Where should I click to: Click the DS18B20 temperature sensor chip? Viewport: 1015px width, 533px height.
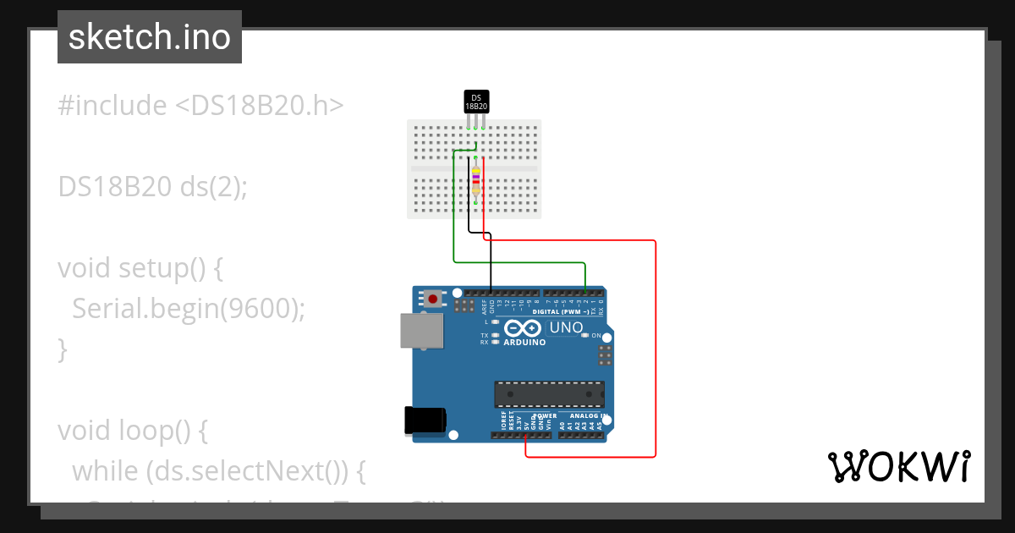pyautogui.click(x=476, y=102)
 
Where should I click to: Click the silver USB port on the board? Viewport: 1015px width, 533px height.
pyautogui.click(x=420, y=332)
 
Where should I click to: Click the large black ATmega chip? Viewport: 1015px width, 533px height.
pyautogui.click(x=550, y=394)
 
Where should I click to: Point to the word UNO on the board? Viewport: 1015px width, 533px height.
pyautogui.click(x=566, y=327)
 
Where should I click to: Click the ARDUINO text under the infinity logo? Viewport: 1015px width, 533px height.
pyautogui.click(x=524, y=343)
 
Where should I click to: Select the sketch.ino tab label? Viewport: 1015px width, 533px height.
pyautogui.click(x=150, y=37)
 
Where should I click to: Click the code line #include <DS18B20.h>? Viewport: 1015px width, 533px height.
pyautogui.click(x=201, y=106)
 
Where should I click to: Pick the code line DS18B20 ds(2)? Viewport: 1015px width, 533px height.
pyautogui.click(x=152, y=186)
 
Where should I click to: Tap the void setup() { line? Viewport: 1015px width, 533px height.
pyautogui.click(x=140, y=267)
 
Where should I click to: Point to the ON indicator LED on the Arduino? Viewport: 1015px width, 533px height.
pyautogui.click(x=585, y=335)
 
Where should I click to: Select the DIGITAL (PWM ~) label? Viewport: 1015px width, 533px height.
pyautogui.click(x=568, y=312)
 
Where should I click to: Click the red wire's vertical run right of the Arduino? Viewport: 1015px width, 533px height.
pyautogui.click(x=656, y=347)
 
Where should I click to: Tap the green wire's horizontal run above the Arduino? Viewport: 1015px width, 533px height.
pyautogui.click(x=520, y=261)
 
